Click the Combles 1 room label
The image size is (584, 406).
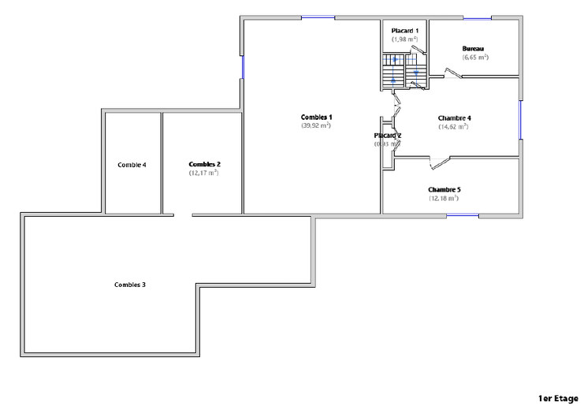point(315,117)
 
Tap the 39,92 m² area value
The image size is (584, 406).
point(315,125)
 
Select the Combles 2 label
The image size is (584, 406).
point(204,164)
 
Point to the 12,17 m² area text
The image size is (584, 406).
point(203,172)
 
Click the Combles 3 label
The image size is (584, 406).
point(130,285)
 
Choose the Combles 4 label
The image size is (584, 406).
point(132,165)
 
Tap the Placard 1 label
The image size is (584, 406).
point(404,30)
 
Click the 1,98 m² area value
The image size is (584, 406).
point(404,38)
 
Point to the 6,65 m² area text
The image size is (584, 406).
point(475,57)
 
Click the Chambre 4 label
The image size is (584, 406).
point(454,118)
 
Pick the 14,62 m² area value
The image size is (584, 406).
point(454,126)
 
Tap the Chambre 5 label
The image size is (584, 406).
point(444,190)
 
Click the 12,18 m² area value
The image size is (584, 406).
point(444,198)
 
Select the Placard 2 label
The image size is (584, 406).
point(388,136)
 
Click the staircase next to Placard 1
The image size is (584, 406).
point(404,71)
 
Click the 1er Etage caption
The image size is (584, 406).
point(558,398)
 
